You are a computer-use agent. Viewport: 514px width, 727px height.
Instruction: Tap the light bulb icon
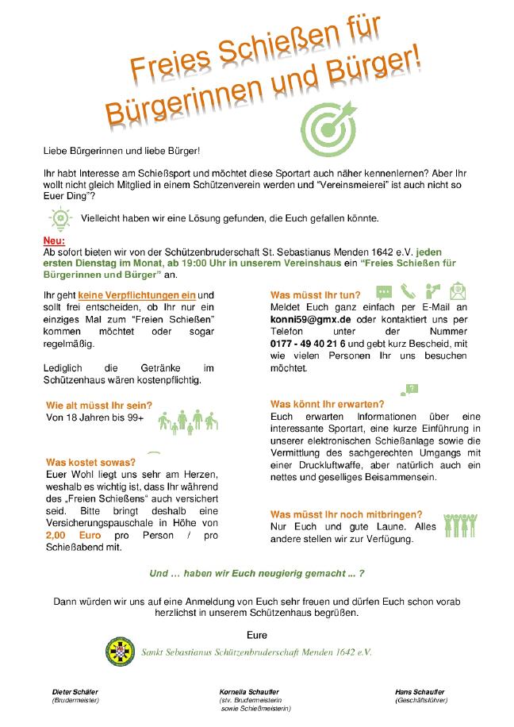pos(59,217)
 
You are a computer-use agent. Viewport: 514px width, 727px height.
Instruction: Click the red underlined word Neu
pos(54,240)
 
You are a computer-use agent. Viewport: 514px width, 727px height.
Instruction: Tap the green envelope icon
pos(458,291)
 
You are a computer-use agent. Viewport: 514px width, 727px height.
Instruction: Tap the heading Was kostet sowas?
pos(90,462)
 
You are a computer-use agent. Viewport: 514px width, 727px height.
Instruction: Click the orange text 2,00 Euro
pos(74,536)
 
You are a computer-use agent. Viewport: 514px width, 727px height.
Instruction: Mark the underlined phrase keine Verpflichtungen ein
pos(136,294)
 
